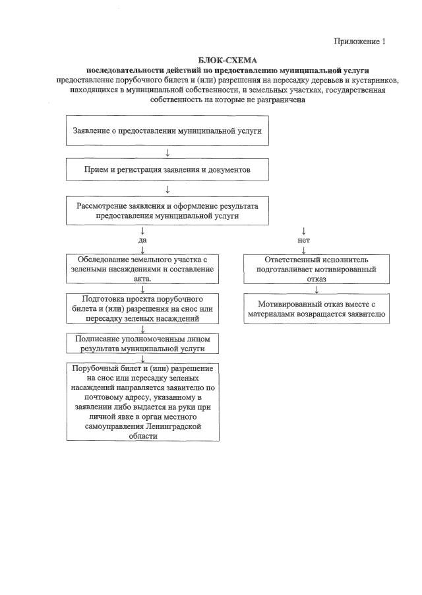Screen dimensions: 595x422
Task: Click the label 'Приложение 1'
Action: pyautogui.click(x=359, y=42)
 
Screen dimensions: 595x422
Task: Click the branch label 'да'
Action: pyautogui.click(x=142, y=241)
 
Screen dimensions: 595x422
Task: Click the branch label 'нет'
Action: pyautogui.click(x=304, y=241)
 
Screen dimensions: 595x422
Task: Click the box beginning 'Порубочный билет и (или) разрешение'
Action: pyautogui.click(x=142, y=402)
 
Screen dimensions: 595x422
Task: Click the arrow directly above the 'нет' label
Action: pyautogui.click(x=304, y=231)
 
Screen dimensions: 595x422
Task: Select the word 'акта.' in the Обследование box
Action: pyautogui.click(x=143, y=279)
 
